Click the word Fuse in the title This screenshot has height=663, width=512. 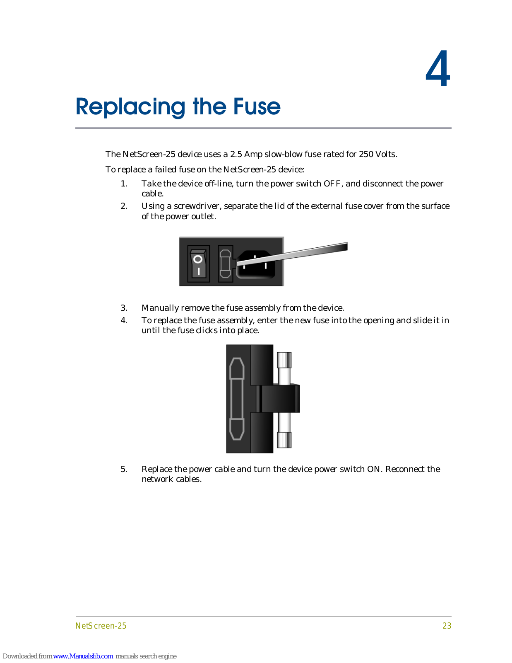(257, 107)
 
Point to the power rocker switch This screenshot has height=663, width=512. (198, 264)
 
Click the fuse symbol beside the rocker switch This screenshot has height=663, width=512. (225, 263)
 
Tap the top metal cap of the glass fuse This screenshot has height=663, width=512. (284, 359)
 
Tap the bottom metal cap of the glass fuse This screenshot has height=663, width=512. (284, 440)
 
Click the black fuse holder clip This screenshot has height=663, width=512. (280, 399)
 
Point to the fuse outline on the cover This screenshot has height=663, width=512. (237, 399)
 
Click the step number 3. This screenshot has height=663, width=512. (124, 308)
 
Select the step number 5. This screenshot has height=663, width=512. (124, 469)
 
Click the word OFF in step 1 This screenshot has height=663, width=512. (332, 184)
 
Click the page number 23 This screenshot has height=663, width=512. (447, 626)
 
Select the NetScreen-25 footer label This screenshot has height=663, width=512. (101, 626)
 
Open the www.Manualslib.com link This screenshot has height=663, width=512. (83, 656)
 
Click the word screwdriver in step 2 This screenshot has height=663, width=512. (196, 206)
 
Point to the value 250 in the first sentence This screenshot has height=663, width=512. (366, 154)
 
